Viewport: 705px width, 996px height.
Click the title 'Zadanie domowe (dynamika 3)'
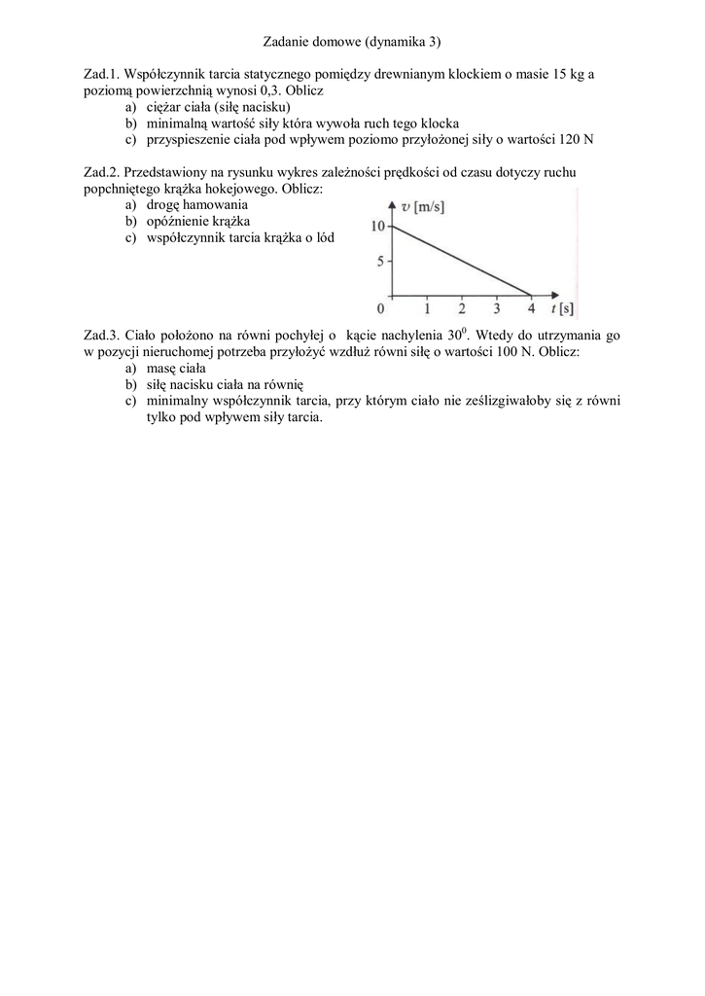click(352, 42)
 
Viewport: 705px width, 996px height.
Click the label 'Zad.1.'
click(102, 74)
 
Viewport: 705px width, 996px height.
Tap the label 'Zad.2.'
click(102, 172)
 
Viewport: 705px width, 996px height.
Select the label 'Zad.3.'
click(102, 335)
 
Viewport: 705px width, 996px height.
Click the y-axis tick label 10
click(378, 227)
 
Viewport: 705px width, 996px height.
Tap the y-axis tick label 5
click(382, 262)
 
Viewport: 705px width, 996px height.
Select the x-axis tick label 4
click(531, 310)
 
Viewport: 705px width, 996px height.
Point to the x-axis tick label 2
click(461, 310)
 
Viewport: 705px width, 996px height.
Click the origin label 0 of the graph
click(381, 310)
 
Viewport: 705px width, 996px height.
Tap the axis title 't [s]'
click(560, 310)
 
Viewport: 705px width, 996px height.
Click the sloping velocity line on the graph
click(461, 261)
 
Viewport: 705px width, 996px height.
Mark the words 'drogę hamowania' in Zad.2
click(197, 205)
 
